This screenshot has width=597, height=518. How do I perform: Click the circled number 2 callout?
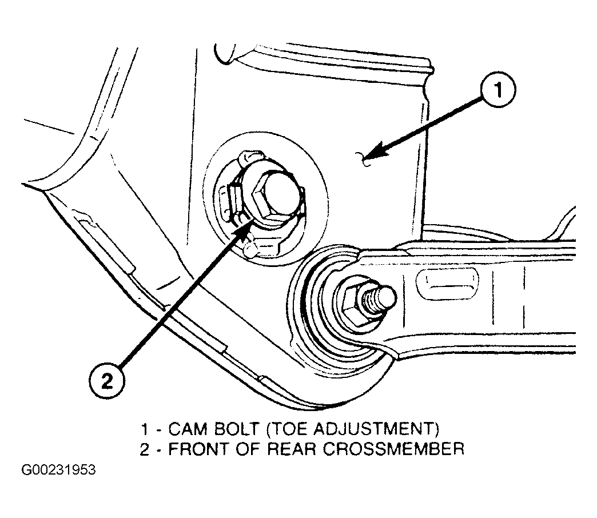tap(106, 381)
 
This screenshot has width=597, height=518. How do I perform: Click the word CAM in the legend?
tap(188, 429)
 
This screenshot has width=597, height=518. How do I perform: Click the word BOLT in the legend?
tap(236, 429)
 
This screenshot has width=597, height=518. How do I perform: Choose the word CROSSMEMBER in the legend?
tap(393, 449)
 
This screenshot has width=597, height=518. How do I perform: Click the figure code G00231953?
tap(59, 470)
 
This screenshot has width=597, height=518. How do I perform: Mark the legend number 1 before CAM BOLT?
tap(144, 429)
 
